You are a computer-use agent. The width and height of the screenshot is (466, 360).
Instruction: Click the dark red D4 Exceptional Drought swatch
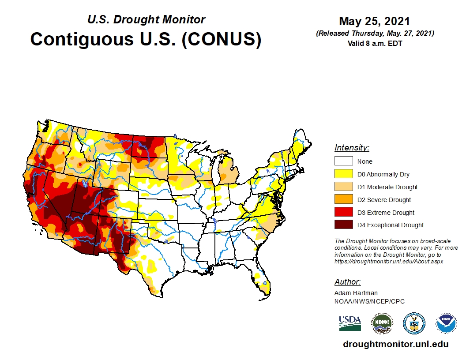pos(343,225)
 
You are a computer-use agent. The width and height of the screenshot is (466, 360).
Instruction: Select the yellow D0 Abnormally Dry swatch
pos(343,174)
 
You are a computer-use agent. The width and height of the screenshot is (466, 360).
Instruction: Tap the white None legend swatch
pos(343,161)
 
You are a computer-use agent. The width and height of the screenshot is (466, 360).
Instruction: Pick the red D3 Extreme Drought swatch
pos(343,212)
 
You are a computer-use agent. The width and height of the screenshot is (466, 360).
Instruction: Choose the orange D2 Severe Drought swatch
pos(343,199)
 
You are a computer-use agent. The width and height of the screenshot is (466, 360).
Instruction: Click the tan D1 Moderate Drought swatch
pos(343,187)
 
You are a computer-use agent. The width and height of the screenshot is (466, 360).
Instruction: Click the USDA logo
pos(350,323)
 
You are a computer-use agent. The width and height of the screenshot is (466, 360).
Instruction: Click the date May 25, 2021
pos(374,21)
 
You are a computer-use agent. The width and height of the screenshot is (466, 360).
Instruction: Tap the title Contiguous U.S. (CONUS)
pos(146,39)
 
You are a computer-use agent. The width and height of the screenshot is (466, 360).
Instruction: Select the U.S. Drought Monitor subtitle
pos(146,19)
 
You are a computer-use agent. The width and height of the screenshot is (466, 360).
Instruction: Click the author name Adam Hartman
pos(356,292)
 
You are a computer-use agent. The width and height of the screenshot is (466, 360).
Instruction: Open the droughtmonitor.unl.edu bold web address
pos(395,344)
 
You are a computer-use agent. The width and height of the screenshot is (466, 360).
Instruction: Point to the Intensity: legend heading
pos(352,148)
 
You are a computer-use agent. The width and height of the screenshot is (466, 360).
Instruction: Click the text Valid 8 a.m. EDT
pos(375,43)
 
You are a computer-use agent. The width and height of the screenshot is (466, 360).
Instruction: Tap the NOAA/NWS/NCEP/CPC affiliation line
pos(369,301)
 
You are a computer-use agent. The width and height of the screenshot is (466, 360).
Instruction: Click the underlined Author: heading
pos(347,282)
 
